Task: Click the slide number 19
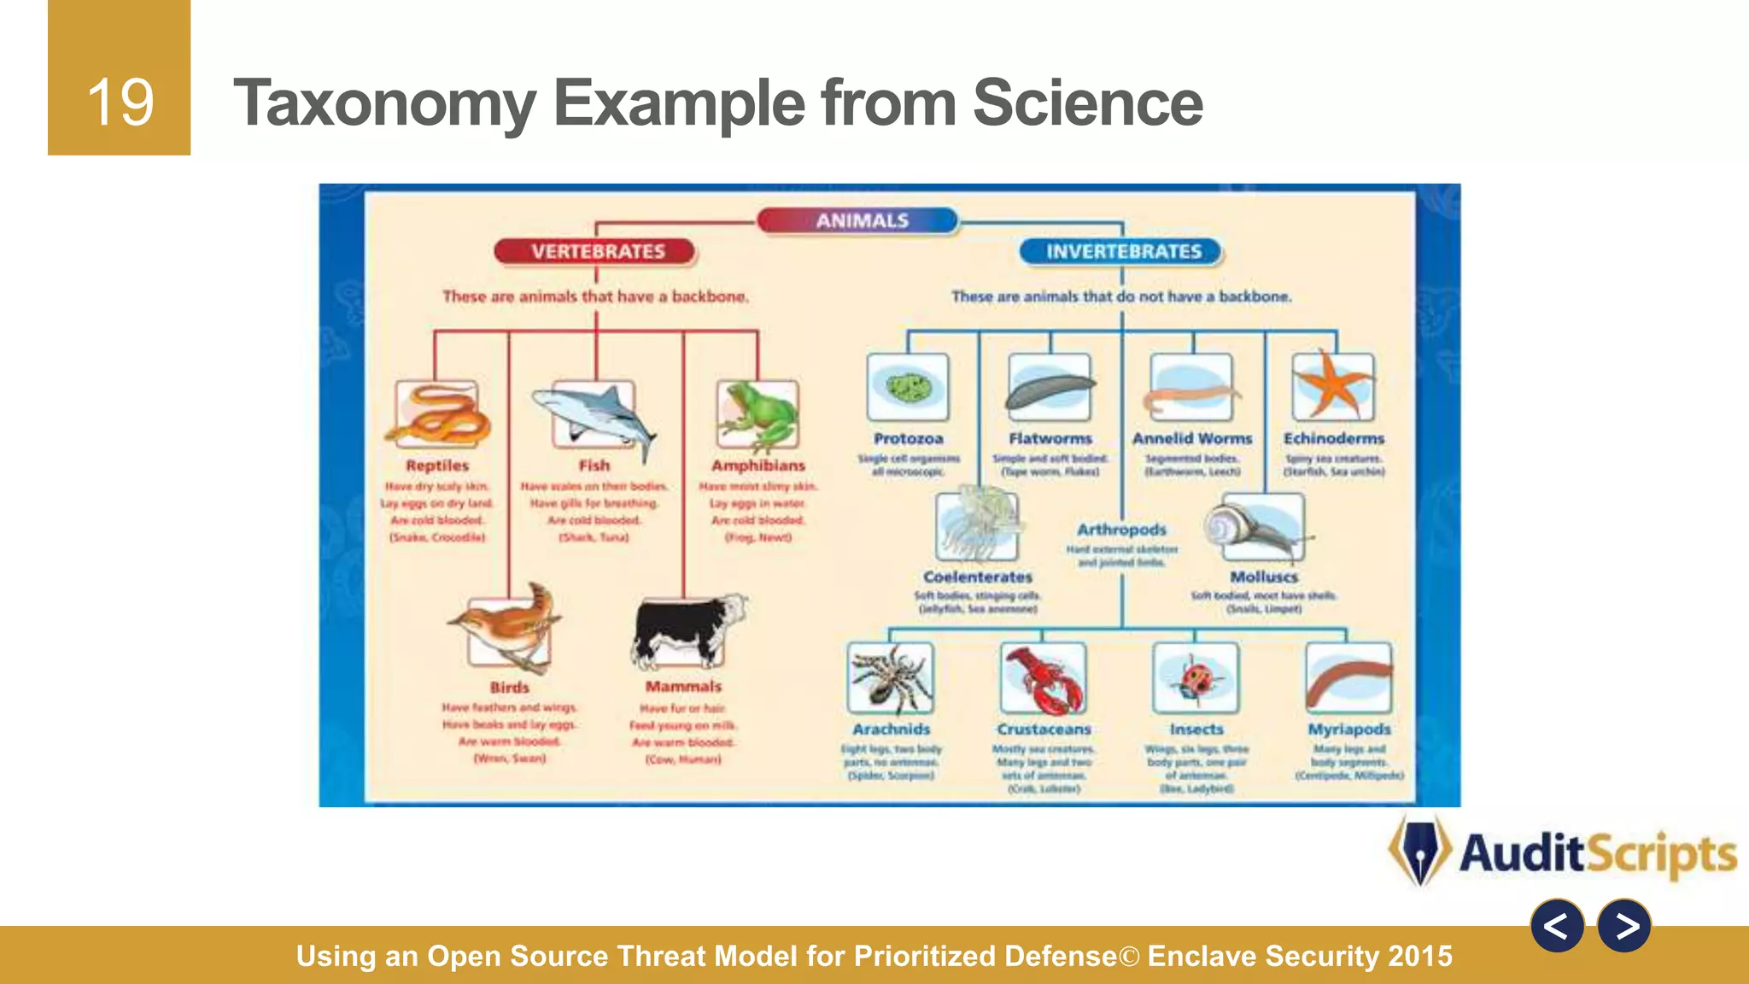pos(120,102)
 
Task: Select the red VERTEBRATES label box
pos(596,251)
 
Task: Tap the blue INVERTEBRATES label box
pos(1122,251)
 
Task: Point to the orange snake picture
pos(437,416)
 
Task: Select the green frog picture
pos(758,416)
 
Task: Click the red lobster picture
pos(1044,679)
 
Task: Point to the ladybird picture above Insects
pos(1195,678)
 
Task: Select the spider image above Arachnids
pos(891,678)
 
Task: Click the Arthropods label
pos(1121,530)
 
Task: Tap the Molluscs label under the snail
pos(1264,577)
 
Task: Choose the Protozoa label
pos(908,438)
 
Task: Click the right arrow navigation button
pos(1623,926)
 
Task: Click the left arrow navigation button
pos(1557,926)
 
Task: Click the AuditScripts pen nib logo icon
pos(1420,851)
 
